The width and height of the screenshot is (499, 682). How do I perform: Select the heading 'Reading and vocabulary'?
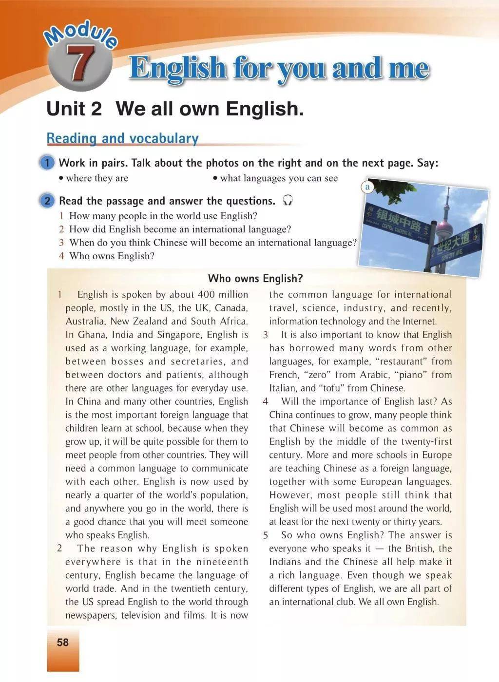point(122,138)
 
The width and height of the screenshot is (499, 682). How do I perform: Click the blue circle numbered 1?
point(47,163)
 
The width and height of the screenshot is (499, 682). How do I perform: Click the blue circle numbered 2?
point(47,201)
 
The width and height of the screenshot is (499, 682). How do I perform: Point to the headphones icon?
point(288,200)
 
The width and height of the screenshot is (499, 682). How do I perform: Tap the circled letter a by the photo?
point(368,187)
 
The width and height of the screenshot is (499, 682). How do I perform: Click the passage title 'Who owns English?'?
point(255,279)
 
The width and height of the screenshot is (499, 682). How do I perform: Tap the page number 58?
point(63,643)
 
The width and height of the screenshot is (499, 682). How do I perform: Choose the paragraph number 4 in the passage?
point(265,402)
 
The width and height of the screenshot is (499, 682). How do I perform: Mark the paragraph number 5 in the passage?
point(266,535)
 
